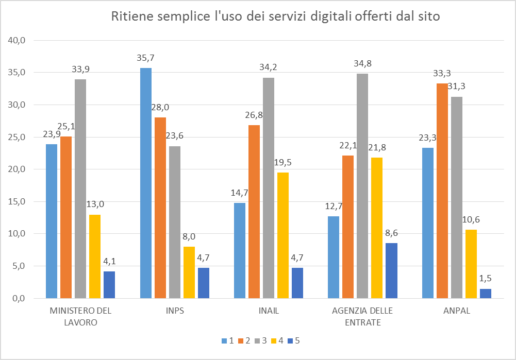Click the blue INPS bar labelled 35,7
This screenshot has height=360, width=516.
click(146, 183)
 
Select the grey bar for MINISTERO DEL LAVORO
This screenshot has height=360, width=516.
click(80, 188)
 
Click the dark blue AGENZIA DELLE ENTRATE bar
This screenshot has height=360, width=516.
click(391, 270)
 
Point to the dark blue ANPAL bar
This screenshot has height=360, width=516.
click(486, 294)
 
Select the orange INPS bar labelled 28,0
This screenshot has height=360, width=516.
click(160, 208)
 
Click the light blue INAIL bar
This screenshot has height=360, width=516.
click(240, 250)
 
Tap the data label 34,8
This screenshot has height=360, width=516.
click(363, 64)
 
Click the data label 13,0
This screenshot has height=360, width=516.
click(95, 204)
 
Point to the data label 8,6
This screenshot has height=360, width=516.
click(391, 233)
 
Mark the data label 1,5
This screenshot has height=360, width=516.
click(486, 279)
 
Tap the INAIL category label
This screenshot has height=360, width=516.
click(269, 312)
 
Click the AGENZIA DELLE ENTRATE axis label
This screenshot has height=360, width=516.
click(363, 317)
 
